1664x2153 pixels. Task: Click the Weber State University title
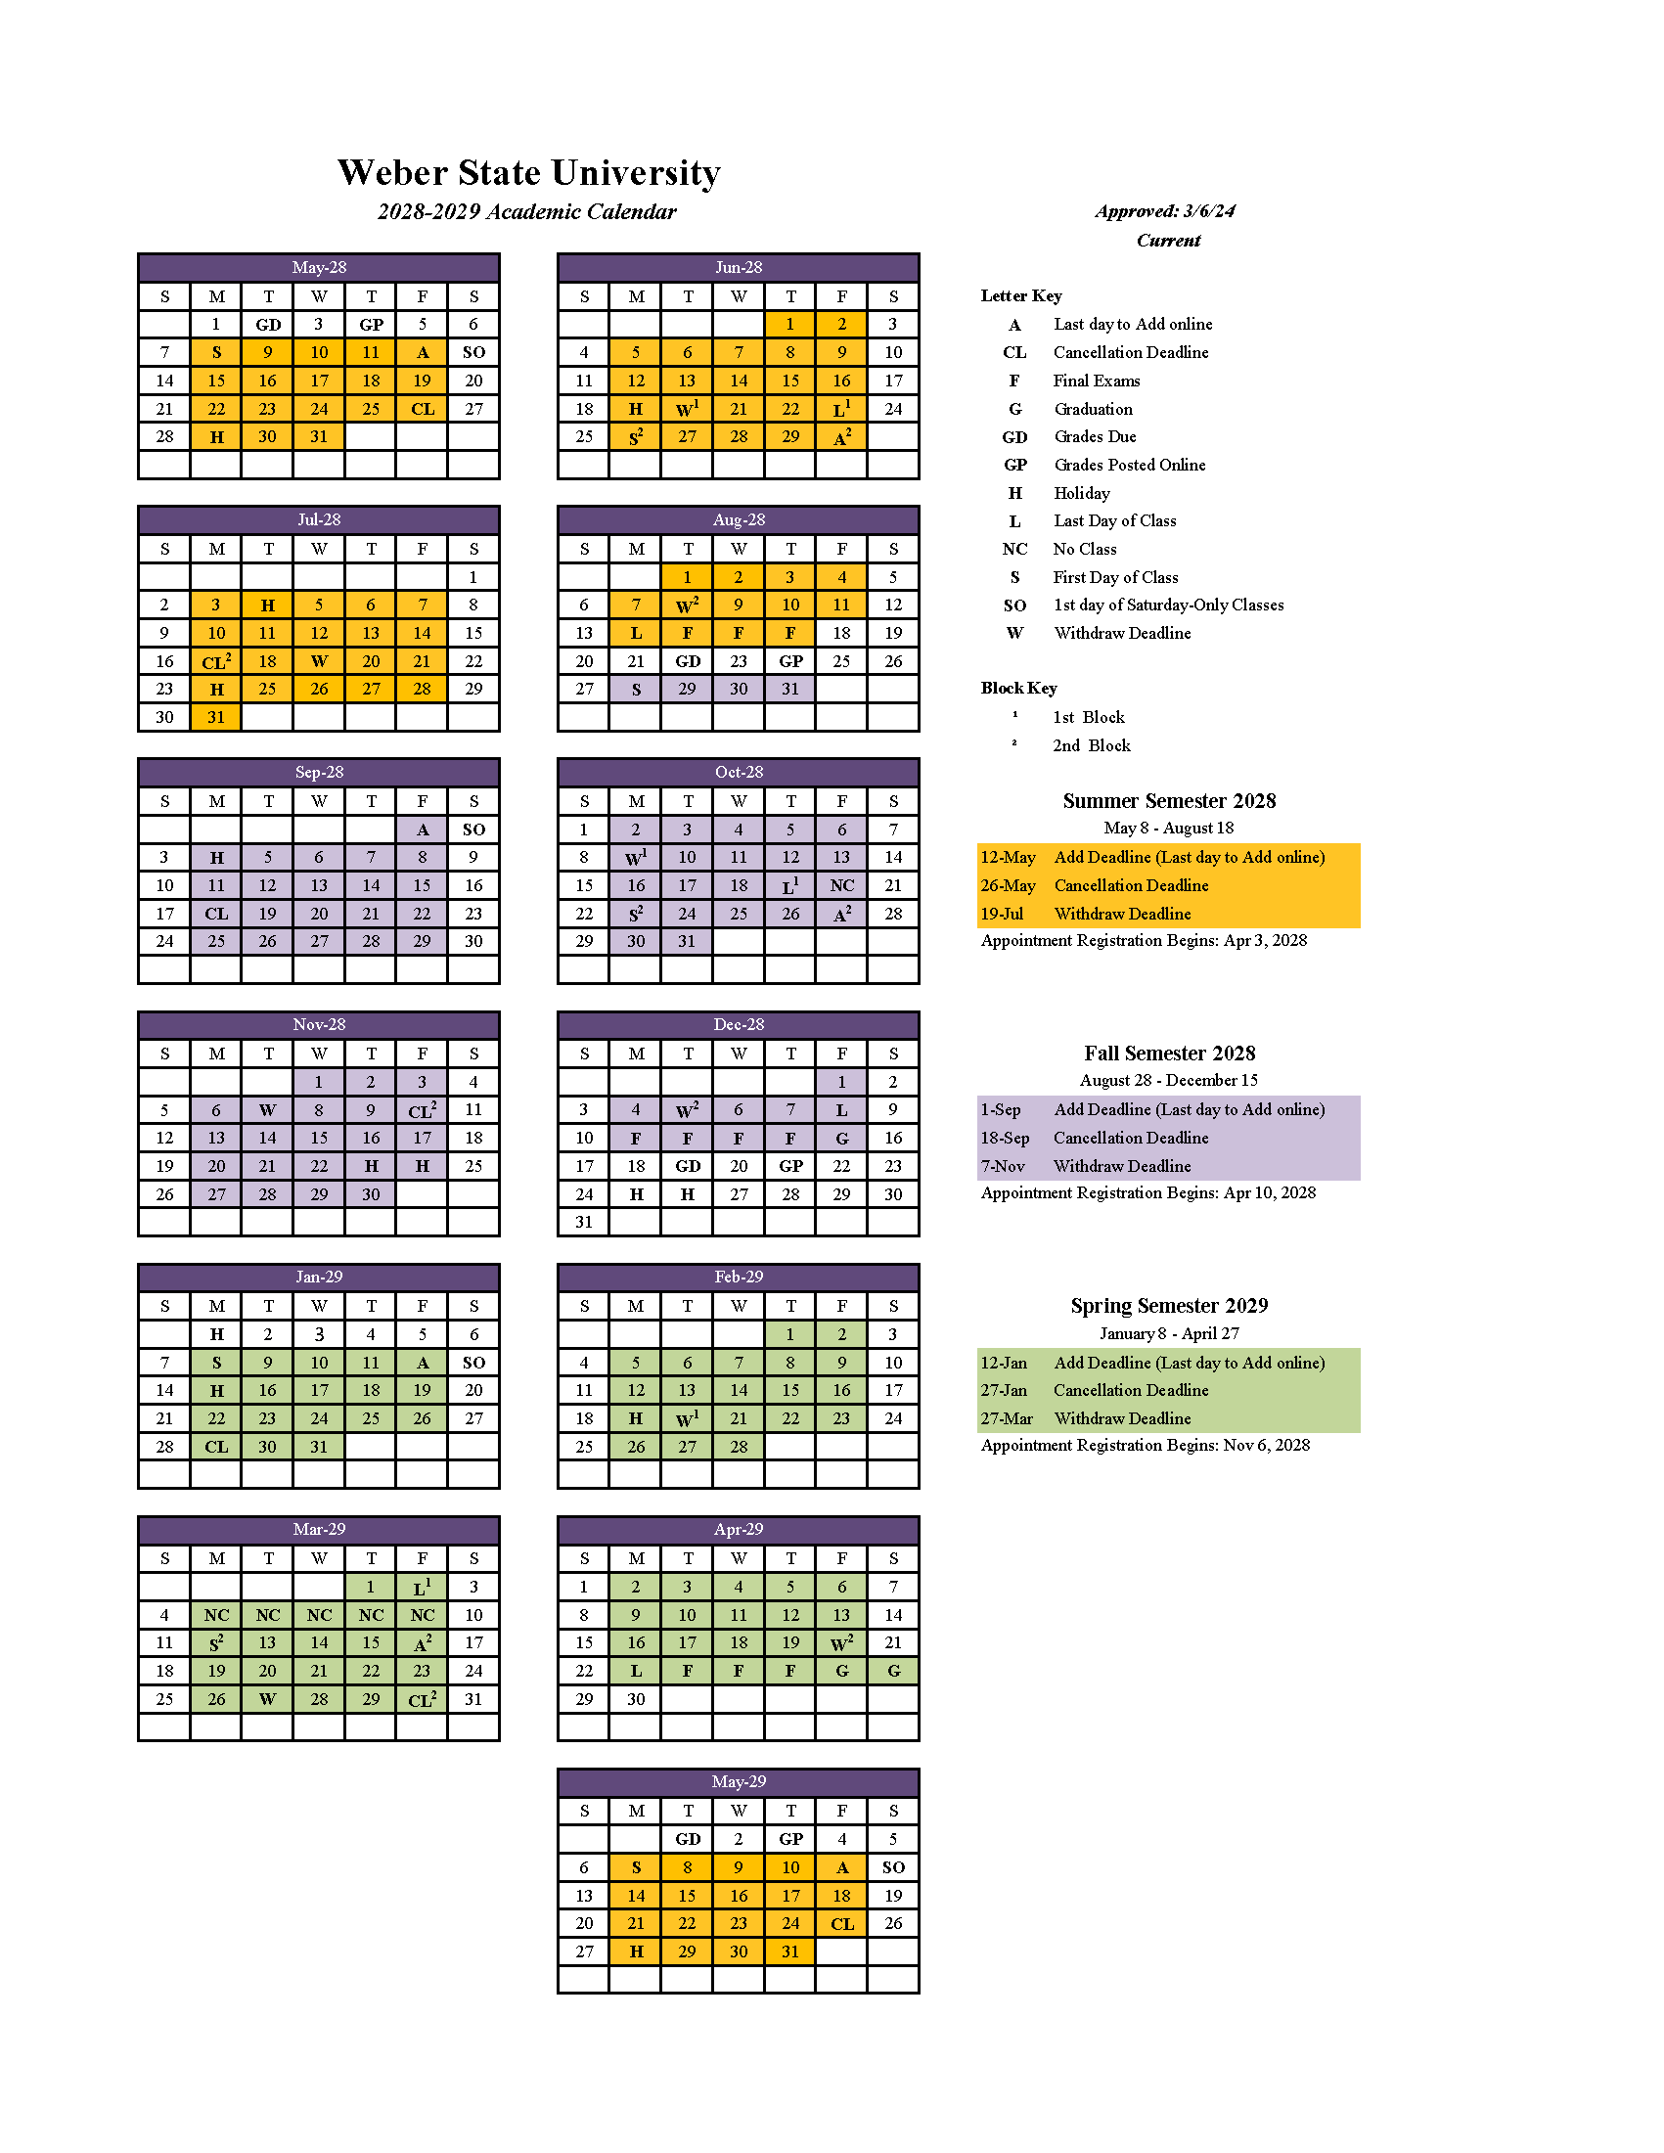(x=528, y=172)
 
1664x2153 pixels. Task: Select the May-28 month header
(x=318, y=267)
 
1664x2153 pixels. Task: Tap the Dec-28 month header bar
(x=739, y=1024)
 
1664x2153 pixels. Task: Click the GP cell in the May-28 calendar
(x=371, y=325)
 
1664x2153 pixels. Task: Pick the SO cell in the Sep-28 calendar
(x=473, y=830)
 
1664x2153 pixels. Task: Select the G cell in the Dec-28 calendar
(x=842, y=1138)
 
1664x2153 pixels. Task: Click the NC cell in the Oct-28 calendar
(x=842, y=885)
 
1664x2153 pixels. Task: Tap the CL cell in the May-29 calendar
(x=842, y=1923)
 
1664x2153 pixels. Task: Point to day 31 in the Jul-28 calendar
(x=216, y=717)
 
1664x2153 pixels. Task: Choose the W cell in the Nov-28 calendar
(x=267, y=1110)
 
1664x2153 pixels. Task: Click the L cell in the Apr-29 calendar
(x=636, y=1671)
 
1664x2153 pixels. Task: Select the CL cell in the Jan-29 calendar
(x=216, y=1446)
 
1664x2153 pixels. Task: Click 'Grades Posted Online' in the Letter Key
(x=1130, y=465)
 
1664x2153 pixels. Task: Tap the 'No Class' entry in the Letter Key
(x=1084, y=549)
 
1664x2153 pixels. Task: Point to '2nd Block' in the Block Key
(x=1092, y=745)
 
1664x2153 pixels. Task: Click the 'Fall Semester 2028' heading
(x=1169, y=1053)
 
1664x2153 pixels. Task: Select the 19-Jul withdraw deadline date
(x=1002, y=914)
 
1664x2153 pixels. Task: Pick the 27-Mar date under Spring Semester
(x=1006, y=1418)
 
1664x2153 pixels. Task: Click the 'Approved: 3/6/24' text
(x=1164, y=211)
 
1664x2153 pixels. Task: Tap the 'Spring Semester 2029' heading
(x=1169, y=1305)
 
